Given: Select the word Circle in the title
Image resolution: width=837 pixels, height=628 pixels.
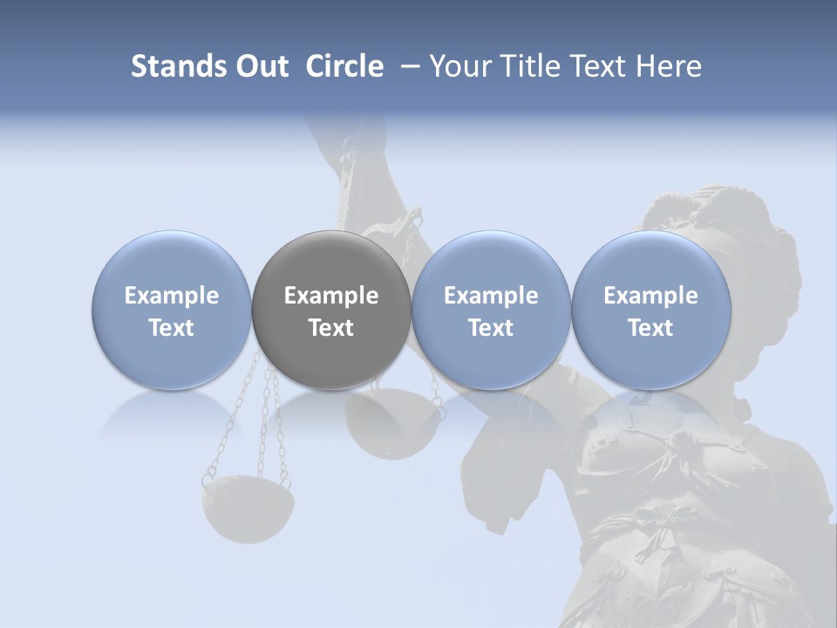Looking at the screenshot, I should [x=344, y=66].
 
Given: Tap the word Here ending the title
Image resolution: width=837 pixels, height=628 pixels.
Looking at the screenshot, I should [x=670, y=66].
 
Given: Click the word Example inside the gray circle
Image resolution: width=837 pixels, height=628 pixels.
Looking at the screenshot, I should [x=331, y=296].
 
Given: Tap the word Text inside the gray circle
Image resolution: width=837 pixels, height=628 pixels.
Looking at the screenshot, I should [x=331, y=328].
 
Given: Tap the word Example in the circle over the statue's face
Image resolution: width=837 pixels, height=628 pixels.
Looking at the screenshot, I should [x=650, y=296].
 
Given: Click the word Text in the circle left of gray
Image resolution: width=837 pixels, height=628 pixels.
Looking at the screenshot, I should [x=171, y=328].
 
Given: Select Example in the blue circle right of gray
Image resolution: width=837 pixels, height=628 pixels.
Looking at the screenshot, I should [x=491, y=296].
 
